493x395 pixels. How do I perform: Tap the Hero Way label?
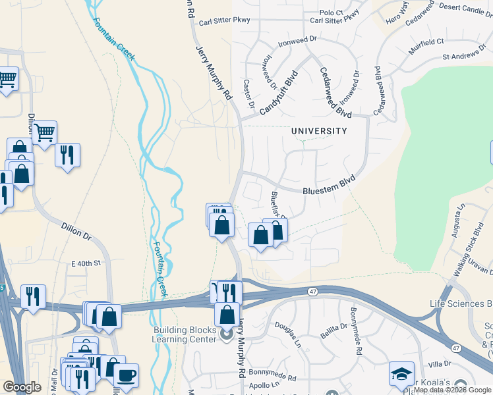(397, 14)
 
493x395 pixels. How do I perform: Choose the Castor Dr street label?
(249, 92)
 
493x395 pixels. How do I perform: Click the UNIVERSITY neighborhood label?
(319, 131)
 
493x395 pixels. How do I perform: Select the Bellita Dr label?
(333, 326)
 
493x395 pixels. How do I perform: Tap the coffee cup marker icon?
(126, 375)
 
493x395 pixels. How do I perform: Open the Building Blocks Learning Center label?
(185, 334)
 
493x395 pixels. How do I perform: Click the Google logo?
(22, 387)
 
